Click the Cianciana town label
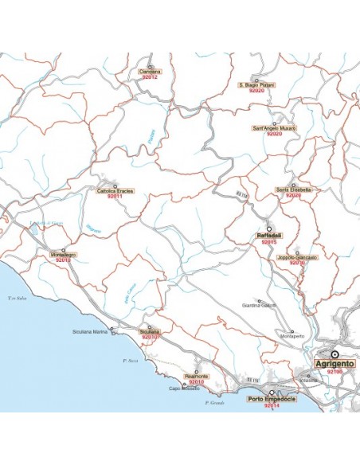(150, 72)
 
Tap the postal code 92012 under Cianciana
(150, 77)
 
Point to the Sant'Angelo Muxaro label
(274, 128)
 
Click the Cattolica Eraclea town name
(115, 191)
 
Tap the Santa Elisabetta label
(293, 190)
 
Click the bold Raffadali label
(269, 236)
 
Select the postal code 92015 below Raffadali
(269, 242)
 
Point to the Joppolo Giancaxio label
(297, 257)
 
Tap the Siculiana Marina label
(89, 331)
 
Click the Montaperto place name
(292, 337)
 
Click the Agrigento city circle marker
(335, 354)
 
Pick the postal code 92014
(271, 405)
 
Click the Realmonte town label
(196, 376)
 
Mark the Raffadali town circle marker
(269, 228)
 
